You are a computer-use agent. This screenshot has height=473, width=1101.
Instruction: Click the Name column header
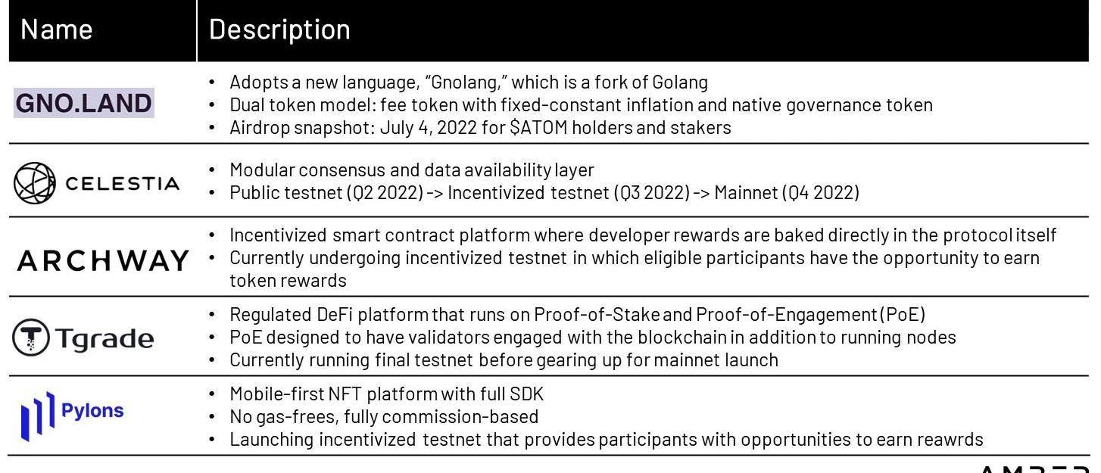57,30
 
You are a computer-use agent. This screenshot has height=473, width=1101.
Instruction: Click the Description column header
279,30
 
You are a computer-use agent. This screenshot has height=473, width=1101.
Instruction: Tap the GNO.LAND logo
83,103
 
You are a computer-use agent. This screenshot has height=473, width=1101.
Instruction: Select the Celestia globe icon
34,183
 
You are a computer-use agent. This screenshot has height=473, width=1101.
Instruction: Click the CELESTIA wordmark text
123,184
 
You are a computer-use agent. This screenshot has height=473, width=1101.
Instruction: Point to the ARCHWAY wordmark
103,260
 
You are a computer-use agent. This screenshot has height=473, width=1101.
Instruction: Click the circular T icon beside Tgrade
31,338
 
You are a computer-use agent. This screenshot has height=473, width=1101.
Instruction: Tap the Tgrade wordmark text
104,338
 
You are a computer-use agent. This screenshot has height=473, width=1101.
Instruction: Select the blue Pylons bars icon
38,416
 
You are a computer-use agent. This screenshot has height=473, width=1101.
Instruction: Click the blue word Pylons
92,410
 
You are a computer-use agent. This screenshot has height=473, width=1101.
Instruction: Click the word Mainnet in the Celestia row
746,192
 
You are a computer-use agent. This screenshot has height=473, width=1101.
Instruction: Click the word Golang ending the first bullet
680,82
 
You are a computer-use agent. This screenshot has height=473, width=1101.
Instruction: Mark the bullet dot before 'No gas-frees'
212,417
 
